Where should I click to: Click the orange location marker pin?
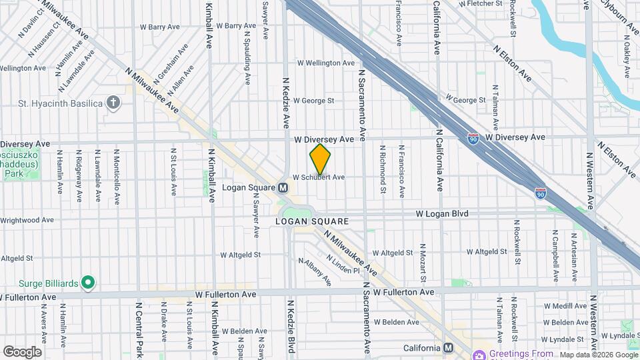point(320,159)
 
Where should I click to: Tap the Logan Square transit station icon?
point(283,188)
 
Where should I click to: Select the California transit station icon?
point(448,348)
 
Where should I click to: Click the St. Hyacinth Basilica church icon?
point(115,103)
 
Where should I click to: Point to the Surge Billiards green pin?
point(87,283)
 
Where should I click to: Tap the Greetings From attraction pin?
point(478,354)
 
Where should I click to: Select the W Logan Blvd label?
point(442,214)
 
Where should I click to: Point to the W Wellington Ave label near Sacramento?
point(325,63)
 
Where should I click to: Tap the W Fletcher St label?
point(479,3)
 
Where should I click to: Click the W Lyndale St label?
point(619,338)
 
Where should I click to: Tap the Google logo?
point(22,352)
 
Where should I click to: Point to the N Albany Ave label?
point(315,272)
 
